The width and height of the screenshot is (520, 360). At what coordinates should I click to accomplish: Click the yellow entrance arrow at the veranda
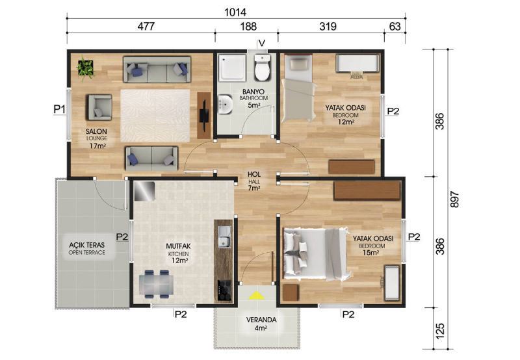click(x=257, y=296)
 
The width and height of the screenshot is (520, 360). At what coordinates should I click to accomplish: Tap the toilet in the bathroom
click(x=263, y=68)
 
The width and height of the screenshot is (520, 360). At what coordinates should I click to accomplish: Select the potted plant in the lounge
click(x=86, y=68)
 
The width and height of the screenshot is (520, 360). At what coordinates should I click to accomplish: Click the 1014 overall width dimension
click(x=235, y=12)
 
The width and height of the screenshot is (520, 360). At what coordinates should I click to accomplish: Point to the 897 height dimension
click(x=455, y=199)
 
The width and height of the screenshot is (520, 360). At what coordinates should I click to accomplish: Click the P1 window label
click(x=60, y=109)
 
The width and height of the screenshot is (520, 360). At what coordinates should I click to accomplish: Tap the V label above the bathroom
click(x=262, y=44)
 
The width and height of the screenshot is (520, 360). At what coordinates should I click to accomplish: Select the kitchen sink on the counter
click(x=224, y=237)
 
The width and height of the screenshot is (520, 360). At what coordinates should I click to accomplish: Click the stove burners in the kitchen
click(x=224, y=290)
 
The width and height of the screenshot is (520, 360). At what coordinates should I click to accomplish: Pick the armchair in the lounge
click(x=99, y=107)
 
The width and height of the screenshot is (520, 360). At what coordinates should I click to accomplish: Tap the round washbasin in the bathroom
click(x=226, y=104)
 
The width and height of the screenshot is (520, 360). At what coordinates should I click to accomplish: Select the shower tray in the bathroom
click(x=232, y=68)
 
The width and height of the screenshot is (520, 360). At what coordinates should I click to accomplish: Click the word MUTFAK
click(x=178, y=246)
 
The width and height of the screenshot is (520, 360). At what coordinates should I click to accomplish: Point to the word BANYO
click(x=253, y=92)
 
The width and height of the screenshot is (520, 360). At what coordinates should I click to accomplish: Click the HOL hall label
click(x=254, y=174)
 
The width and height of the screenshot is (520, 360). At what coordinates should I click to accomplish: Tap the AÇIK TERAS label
click(x=87, y=245)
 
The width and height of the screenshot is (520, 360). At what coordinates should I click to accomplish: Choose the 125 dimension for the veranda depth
click(x=440, y=331)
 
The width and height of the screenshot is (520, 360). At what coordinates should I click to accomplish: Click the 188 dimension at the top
click(x=248, y=27)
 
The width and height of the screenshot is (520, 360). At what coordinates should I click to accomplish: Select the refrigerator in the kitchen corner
click(x=144, y=191)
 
